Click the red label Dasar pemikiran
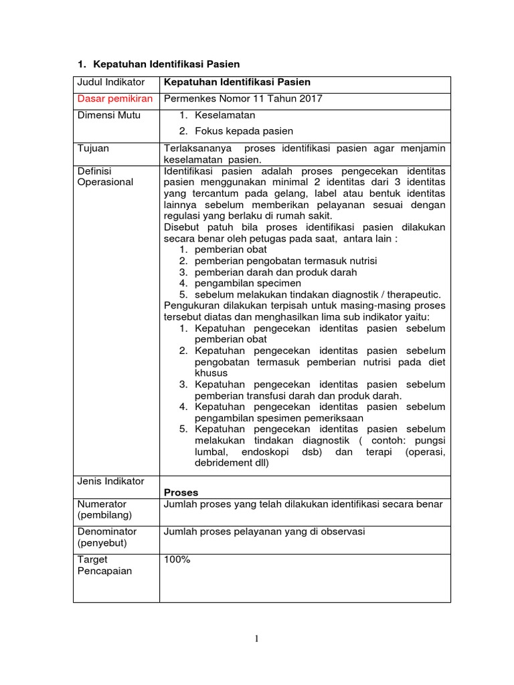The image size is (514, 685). point(114,99)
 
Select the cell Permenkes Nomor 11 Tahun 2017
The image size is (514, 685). point(243,99)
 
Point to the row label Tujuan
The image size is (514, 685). point(94,149)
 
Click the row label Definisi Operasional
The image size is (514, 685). point(106,177)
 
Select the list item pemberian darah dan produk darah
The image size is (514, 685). point(276,272)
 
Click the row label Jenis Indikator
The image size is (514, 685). point(111,482)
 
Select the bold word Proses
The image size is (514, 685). point(181,492)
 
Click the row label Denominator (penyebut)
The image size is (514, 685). point(107,537)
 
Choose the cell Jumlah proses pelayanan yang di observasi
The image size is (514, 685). point(264,532)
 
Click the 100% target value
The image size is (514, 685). point(177,560)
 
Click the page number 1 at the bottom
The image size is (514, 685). point(256,639)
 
